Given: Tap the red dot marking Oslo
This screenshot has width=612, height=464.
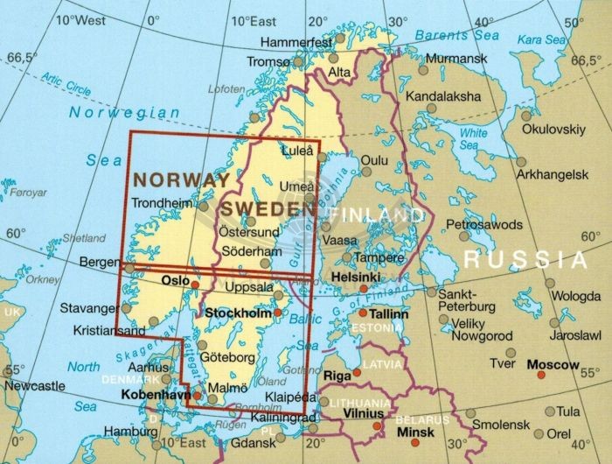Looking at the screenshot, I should (195, 285).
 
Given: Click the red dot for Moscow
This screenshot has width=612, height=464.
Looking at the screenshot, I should (540, 375).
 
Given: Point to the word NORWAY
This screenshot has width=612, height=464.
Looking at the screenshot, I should (180, 179).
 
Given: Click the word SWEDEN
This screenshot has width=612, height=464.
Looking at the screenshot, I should (267, 208).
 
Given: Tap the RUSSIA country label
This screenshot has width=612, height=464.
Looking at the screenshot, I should (525, 259).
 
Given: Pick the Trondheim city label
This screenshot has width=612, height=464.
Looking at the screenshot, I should (163, 203).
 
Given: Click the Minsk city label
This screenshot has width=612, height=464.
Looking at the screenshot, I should (414, 432).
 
